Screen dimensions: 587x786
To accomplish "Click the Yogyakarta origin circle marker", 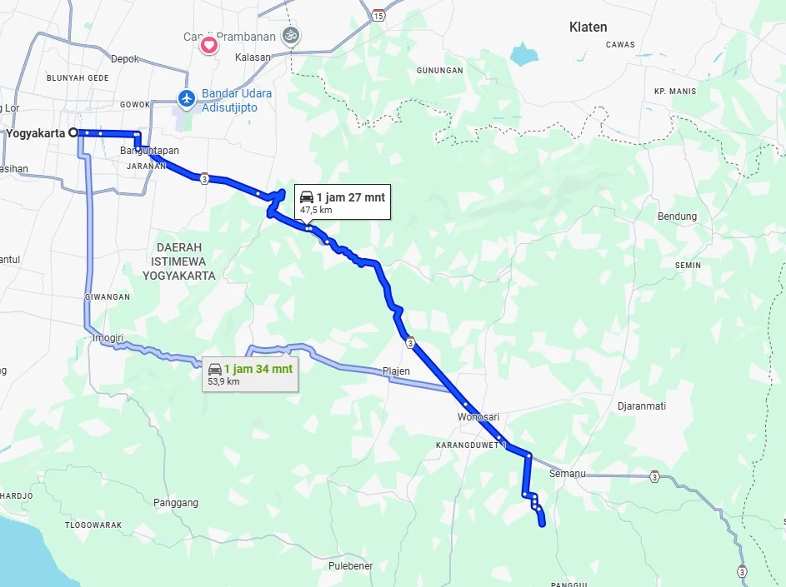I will pos(73,132).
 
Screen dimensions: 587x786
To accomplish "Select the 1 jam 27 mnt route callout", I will pos(342,202).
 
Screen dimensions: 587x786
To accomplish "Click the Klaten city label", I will pos(588,27).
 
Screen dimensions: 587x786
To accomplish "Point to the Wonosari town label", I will pos(478,416).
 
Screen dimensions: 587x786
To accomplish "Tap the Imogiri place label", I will pos(108,338).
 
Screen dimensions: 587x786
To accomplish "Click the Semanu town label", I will pos(568,474).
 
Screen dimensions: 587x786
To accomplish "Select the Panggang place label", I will pos(176,503).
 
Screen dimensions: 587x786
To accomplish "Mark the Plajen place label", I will pos(397,371).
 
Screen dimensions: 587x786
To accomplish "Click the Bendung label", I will pos(677,216).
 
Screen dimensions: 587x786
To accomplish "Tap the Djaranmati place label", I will pos(641,407).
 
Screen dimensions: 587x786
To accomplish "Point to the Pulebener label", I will pos(350,566).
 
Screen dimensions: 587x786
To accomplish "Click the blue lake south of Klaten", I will pos(524,55).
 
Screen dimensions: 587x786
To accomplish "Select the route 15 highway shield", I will pos(379,15).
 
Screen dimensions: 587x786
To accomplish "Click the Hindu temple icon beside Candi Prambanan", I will pos(291,36).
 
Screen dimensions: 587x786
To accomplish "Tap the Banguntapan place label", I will pos(150,151).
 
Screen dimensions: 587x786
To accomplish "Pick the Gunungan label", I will pos(439,71).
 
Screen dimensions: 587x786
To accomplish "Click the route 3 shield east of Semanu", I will pos(654,477).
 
